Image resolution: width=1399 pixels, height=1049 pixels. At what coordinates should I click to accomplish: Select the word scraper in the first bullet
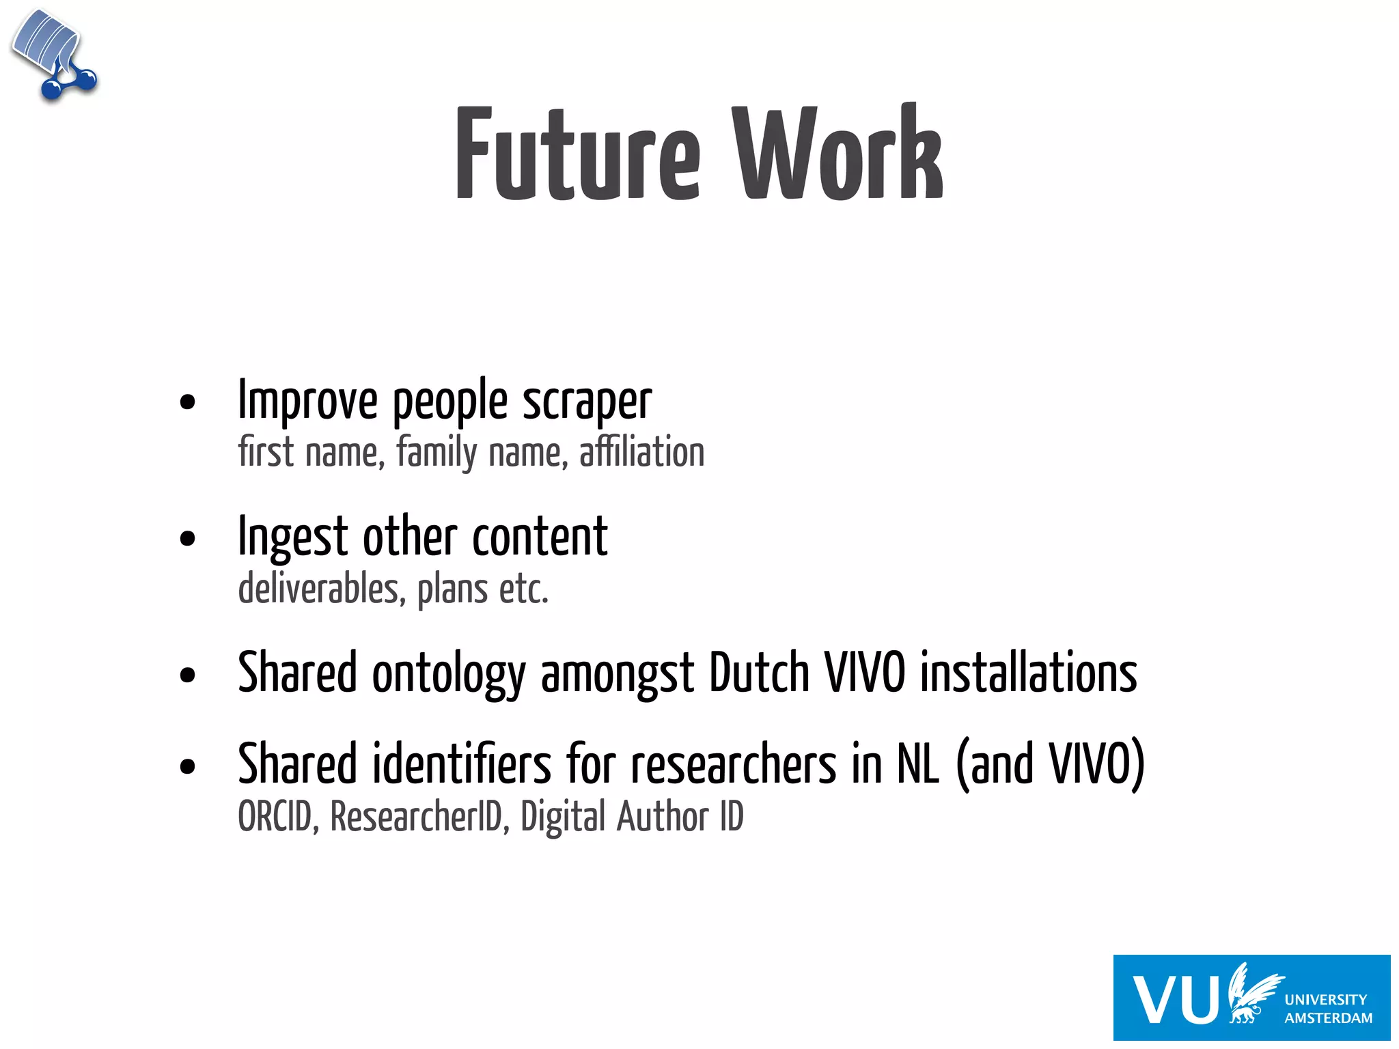tap(587, 402)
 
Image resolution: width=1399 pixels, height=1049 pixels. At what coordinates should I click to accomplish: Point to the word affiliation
tap(641, 452)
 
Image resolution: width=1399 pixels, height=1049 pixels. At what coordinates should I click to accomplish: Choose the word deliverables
tap(318, 589)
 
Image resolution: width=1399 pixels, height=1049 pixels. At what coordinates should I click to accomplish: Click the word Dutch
tap(759, 673)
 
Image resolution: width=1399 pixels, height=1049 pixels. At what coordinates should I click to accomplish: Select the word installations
tap(1028, 673)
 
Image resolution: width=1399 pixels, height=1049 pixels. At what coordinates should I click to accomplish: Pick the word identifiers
tap(462, 764)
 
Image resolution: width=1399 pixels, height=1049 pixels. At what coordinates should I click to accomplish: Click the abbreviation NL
tap(917, 764)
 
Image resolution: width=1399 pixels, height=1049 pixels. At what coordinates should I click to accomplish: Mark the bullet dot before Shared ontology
tap(187, 675)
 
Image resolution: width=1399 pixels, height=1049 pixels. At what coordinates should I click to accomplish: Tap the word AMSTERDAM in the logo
tap(1328, 1018)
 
